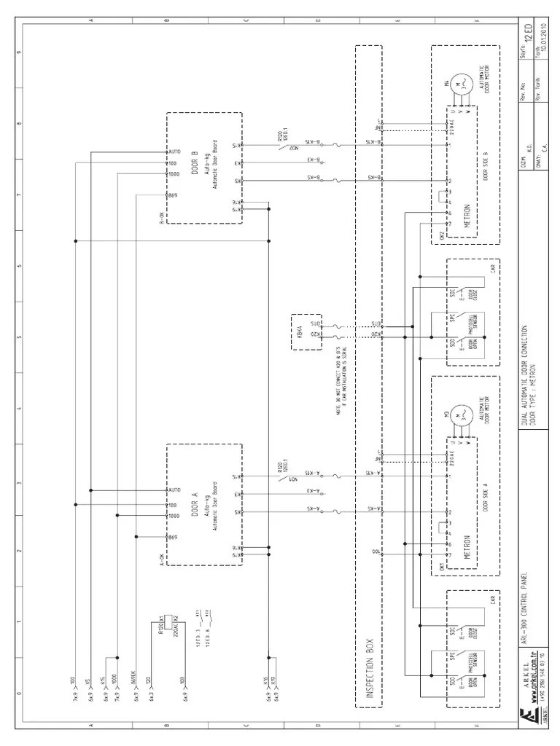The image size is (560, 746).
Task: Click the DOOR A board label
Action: coord(195,500)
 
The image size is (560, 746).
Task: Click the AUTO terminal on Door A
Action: coord(174,490)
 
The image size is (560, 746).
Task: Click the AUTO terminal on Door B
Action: coord(174,152)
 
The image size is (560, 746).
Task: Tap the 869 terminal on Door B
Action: coord(173,197)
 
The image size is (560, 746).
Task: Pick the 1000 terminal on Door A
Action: coord(174,515)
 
